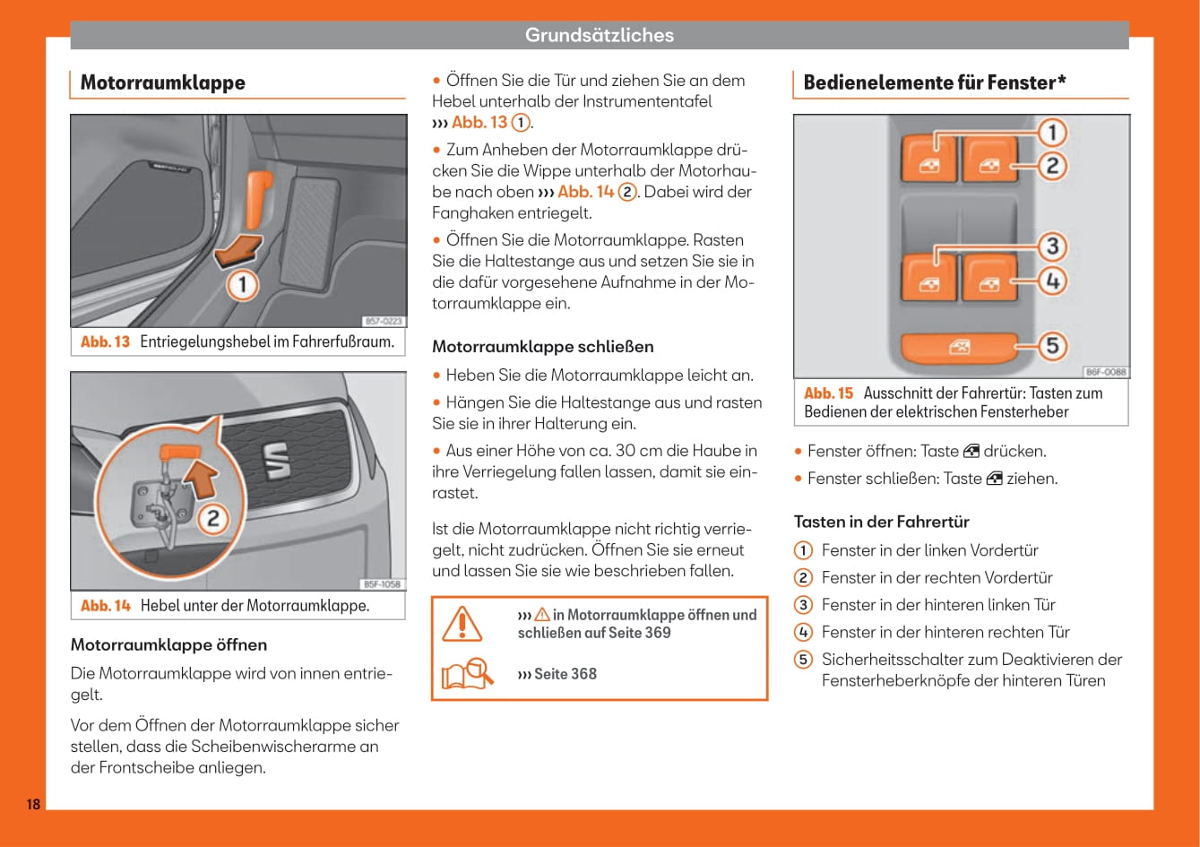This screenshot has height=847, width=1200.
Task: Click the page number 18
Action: [33, 804]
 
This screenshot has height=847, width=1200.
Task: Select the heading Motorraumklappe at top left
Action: [162, 82]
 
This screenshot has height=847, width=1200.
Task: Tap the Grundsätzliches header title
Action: [599, 35]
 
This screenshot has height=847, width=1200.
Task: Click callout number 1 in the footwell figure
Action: [242, 286]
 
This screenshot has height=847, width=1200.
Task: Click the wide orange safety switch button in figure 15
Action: [958, 347]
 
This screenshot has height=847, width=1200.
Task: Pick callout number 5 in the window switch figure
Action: [1052, 345]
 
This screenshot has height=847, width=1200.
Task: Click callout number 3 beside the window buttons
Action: [1052, 246]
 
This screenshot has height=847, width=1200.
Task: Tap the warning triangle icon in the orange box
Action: [462, 623]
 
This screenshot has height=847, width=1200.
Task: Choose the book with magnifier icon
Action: [467, 674]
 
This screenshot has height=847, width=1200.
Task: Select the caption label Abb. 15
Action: [828, 393]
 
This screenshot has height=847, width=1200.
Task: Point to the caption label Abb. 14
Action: [105, 606]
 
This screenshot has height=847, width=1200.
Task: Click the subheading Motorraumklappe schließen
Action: [543, 347]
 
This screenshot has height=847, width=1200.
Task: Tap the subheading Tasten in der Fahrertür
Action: [881, 522]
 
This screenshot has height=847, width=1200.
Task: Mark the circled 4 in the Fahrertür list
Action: [804, 632]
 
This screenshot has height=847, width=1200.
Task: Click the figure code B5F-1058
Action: [382, 584]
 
